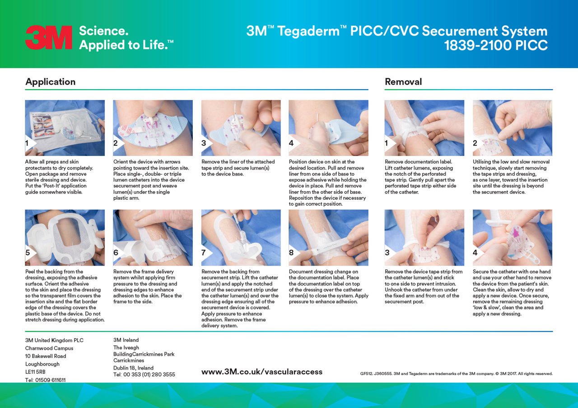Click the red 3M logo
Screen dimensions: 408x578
pyautogui.click(x=48, y=37)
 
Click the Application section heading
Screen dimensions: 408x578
pyautogui.click(x=50, y=82)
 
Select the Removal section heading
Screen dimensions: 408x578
pyautogui.click(x=403, y=82)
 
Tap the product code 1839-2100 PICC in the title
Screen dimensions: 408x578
pyautogui.click(x=495, y=46)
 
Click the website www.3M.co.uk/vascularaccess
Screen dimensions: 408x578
pyautogui.click(x=262, y=372)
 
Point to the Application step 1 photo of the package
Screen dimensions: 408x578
pyautogui.click(x=65, y=128)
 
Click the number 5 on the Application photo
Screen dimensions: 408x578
pyautogui.click(x=28, y=252)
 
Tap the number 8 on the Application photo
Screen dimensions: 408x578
pyautogui.click(x=291, y=252)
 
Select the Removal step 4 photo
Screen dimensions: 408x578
pyautogui.click(x=512, y=237)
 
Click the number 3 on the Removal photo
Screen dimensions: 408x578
pyautogui.click(x=387, y=252)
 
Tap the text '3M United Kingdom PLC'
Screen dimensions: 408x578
pyautogui.click(x=54, y=340)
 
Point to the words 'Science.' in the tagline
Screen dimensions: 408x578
pyautogui.click(x=103, y=31)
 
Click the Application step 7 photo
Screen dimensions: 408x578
pyautogui.click(x=241, y=237)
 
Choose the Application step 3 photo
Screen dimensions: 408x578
pyautogui.click(x=241, y=128)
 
